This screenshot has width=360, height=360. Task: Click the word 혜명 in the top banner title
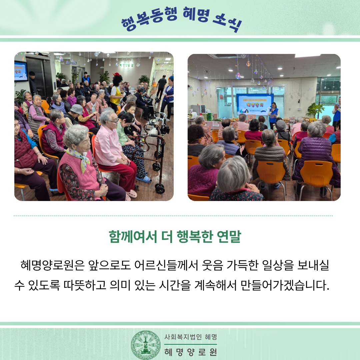click(x=196, y=15)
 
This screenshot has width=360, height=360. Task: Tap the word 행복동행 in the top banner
click(x=149, y=19)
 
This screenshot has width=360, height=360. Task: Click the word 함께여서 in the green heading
click(x=133, y=236)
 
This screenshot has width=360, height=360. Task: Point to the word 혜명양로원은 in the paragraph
click(x=53, y=265)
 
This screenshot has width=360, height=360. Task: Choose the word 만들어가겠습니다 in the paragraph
click(x=285, y=285)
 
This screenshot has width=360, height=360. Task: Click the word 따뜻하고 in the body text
click(x=85, y=285)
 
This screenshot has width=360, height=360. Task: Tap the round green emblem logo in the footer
click(x=146, y=345)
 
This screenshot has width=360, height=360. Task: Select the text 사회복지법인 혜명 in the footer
click(x=191, y=337)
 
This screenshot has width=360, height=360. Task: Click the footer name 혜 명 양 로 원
click(x=191, y=352)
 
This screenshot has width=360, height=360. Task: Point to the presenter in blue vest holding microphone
click(x=274, y=115)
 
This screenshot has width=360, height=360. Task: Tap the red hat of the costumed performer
click(x=117, y=74)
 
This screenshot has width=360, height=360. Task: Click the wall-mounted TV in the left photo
click(x=21, y=71)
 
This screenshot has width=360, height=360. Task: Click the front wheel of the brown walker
click(x=160, y=189)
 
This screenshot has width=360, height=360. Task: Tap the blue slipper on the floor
click(x=144, y=179)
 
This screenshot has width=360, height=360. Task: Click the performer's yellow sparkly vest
click(x=115, y=95)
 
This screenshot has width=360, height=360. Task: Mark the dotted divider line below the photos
click(x=173, y=216)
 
